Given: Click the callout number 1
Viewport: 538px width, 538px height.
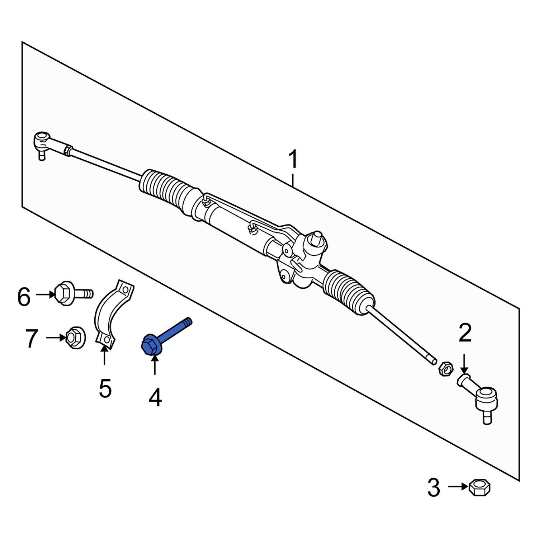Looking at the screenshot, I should pos(293,160).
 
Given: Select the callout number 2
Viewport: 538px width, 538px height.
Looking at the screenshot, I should pos(465,334).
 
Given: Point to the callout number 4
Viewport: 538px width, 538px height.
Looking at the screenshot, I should pos(155,398).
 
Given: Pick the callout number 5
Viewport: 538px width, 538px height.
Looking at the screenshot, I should pos(105,388).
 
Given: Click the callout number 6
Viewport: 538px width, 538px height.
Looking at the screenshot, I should pos(24,297).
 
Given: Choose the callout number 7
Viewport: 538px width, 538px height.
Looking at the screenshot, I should pos(32,339).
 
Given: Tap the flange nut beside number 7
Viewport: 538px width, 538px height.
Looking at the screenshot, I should pos(76,338).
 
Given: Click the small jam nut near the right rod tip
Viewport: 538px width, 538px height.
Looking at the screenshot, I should pos(445,369).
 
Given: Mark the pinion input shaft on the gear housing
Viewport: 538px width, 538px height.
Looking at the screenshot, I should pos(317,237).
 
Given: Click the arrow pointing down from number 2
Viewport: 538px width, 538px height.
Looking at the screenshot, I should pos(464,364).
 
